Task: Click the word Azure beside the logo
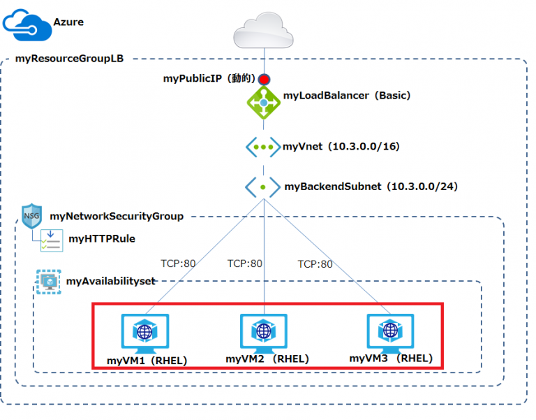click(x=68, y=22)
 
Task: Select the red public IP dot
click(x=265, y=79)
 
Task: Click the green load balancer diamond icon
click(x=265, y=103)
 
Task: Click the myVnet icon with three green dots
click(x=262, y=147)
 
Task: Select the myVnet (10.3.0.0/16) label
click(x=341, y=147)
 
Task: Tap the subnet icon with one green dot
click(x=262, y=187)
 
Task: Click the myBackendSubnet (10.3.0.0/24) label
click(x=371, y=187)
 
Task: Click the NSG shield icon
click(x=32, y=216)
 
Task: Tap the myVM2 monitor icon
click(x=264, y=333)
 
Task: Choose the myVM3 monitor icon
click(x=390, y=332)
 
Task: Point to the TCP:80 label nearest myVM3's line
click(x=315, y=264)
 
